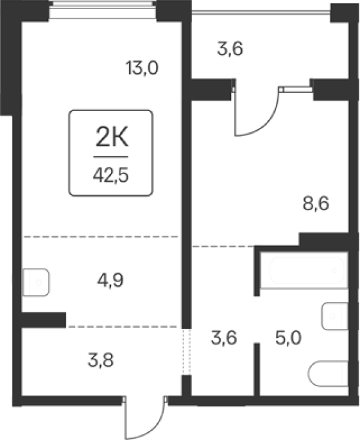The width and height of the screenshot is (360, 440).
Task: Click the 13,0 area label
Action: tap(142, 68)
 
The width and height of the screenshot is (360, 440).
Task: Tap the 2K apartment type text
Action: tap(112, 137)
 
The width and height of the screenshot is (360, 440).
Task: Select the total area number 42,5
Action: tap(111, 176)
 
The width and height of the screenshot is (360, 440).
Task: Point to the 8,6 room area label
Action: tap(316, 204)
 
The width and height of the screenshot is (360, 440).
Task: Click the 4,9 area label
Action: tap(110, 280)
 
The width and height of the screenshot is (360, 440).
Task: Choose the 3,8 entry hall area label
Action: tap(101, 360)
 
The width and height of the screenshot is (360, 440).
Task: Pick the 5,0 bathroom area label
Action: tap(288, 338)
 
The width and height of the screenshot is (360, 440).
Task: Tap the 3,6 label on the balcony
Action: tap(230, 49)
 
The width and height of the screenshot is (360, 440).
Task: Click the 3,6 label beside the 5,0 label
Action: tap(224, 338)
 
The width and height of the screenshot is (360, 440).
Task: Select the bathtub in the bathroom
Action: tap(307, 270)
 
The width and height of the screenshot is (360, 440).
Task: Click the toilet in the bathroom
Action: tap(329, 374)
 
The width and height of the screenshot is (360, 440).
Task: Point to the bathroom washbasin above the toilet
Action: tap(335, 316)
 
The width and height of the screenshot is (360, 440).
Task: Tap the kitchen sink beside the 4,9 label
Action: tap(36, 282)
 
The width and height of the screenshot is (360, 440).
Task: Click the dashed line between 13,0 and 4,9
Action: tap(101, 237)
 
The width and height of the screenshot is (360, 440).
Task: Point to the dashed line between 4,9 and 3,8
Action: tap(123, 327)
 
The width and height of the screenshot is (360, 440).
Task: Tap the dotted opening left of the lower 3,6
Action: tap(186, 352)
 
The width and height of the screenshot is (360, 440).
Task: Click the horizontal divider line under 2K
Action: tap(111, 157)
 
